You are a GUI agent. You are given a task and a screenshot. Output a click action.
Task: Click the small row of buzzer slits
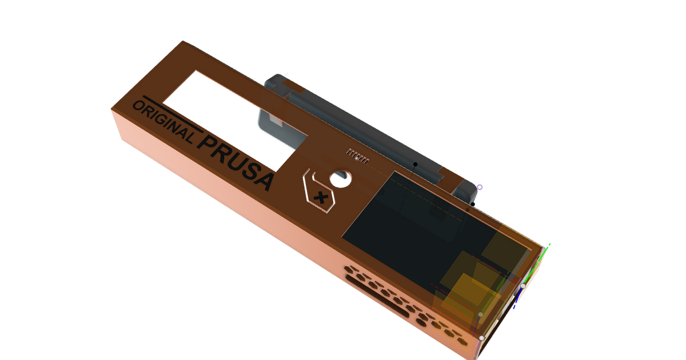355,154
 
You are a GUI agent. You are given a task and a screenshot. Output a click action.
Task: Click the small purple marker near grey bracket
480,187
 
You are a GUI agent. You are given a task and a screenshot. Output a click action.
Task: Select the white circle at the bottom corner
482,338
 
